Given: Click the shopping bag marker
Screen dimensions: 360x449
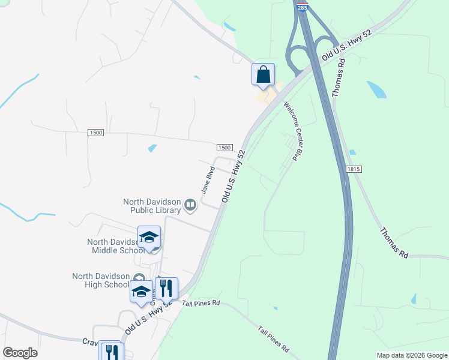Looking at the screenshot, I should click(x=263, y=75).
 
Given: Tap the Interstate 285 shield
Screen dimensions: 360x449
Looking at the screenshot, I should click(x=301, y=6).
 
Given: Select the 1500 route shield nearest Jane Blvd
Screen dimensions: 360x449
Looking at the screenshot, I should click(x=224, y=148).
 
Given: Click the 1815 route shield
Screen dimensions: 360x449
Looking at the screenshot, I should click(x=354, y=170).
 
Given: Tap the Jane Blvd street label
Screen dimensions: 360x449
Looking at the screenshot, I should click(x=208, y=179).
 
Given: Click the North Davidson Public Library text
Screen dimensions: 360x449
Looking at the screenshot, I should click(x=152, y=206).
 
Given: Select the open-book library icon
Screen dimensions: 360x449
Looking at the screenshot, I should click(x=190, y=206).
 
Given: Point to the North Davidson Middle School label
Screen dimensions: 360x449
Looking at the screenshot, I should click(x=113, y=246).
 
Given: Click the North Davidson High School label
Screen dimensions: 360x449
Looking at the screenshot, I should click(x=100, y=280).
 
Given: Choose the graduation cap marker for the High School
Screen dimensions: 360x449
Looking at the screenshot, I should click(x=141, y=292).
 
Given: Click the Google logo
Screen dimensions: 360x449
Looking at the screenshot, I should click(x=20, y=353).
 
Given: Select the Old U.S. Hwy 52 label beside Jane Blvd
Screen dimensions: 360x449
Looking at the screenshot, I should click(x=234, y=175).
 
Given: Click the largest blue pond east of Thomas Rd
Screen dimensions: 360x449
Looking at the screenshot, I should click(x=376, y=90).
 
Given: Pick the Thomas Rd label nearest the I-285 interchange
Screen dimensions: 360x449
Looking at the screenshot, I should click(x=337, y=78).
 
